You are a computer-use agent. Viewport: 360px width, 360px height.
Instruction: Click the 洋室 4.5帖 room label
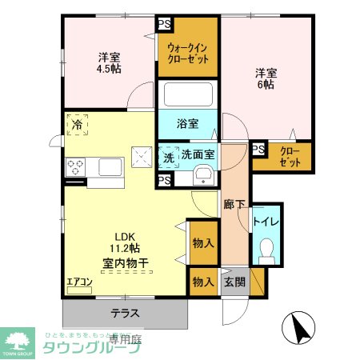[110, 63]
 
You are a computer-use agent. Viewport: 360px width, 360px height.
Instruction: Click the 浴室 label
[186, 125]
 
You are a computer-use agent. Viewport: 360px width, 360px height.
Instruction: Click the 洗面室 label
[197, 154]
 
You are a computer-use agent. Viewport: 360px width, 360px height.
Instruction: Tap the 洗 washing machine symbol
[169, 158]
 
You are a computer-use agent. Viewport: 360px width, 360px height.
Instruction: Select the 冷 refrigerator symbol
[77, 125]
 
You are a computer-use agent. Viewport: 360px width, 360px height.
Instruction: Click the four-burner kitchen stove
[77, 167]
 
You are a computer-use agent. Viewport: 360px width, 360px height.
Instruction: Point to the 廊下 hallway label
[234, 204]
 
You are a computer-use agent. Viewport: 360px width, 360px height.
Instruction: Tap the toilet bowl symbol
[266, 250]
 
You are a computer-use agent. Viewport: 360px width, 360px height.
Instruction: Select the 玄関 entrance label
[234, 282]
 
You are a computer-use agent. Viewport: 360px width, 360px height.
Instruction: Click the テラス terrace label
[125, 313]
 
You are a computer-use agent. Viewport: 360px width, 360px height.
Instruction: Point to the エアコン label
[79, 282]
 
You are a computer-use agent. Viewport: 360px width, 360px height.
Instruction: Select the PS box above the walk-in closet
[164, 23]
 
